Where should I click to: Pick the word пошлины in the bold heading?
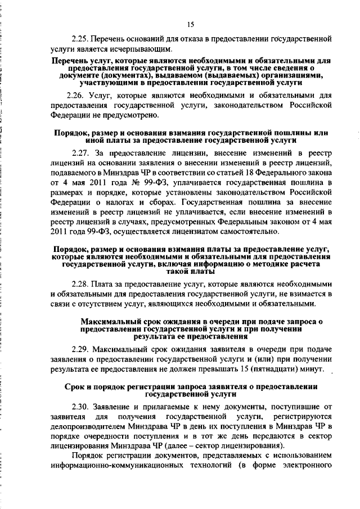[x=280, y=132]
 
